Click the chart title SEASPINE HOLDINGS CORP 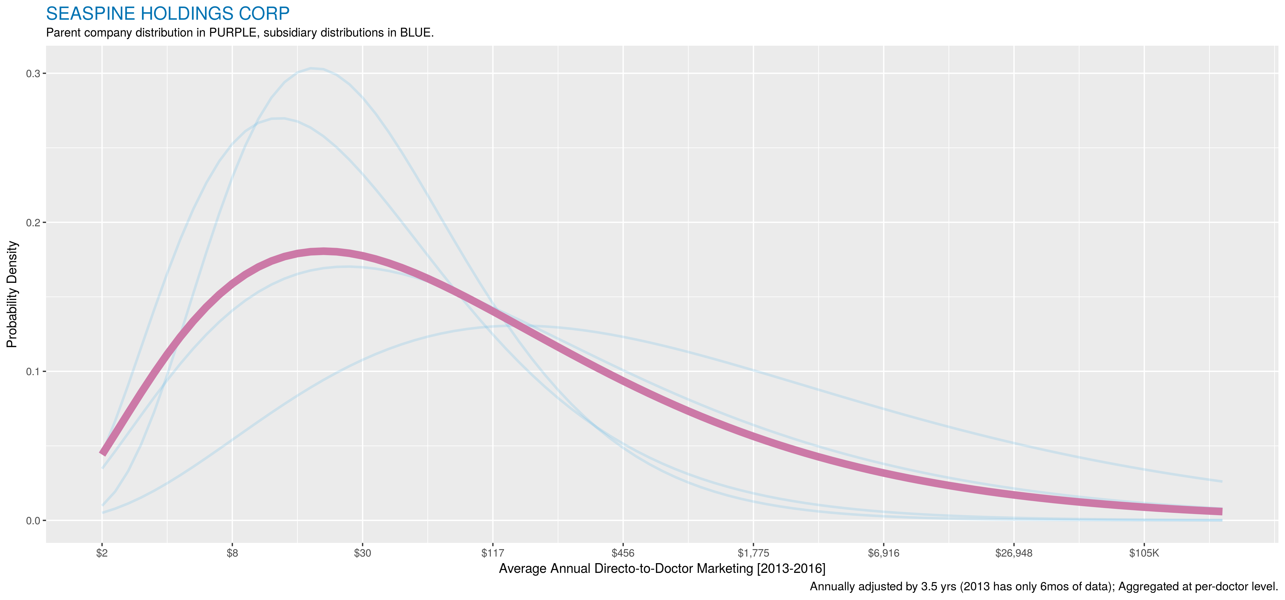pyautogui.click(x=168, y=13)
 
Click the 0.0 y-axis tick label pyautogui.click(x=33, y=521)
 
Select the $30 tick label pyautogui.click(x=363, y=553)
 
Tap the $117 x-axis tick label pyautogui.click(x=493, y=553)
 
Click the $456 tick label pyautogui.click(x=623, y=553)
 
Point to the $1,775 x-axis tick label pyautogui.click(x=753, y=553)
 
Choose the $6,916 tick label pyautogui.click(x=884, y=553)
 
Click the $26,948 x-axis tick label pyautogui.click(x=1014, y=553)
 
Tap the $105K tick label pyautogui.click(x=1144, y=553)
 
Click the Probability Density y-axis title pyautogui.click(x=12, y=295)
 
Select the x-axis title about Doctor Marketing pyautogui.click(x=662, y=569)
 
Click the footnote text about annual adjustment pyautogui.click(x=1044, y=587)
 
